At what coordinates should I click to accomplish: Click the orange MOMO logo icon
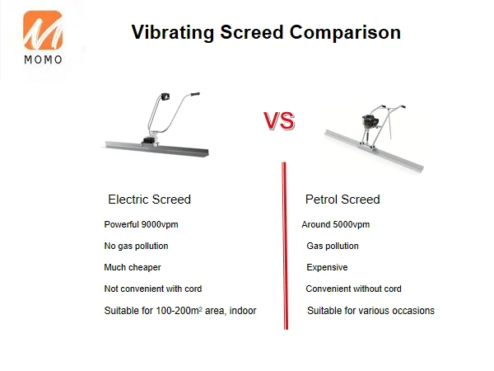pyautogui.click(x=43, y=31)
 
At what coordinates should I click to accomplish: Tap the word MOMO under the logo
pyautogui.click(x=43, y=59)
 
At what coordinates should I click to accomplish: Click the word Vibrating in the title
pyautogui.click(x=173, y=33)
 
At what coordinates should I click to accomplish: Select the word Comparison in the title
pyautogui.click(x=345, y=33)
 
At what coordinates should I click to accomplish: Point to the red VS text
pyautogui.click(x=279, y=121)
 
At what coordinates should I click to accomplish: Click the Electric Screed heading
pyautogui.click(x=149, y=200)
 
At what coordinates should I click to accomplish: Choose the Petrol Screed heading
pyautogui.click(x=343, y=200)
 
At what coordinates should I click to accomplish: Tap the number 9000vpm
pyautogui.click(x=160, y=224)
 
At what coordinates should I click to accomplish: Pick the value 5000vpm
pyautogui.click(x=352, y=224)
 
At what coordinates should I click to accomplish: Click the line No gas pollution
pyautogui.click(x=136, y=246)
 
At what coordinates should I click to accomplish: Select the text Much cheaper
pyautogui.click(x=133, y=267)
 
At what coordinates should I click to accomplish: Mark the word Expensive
pyautogui.click(x=327, y=267)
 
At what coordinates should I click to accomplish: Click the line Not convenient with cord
pyautogui.click(x=153, y=289)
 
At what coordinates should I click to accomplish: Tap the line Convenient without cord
pyautogui.click(x=353, y=289)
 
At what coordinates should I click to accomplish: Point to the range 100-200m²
pyautogui.click(x=179, y=311)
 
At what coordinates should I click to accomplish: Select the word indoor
pyautogui.click(x=243, y=311)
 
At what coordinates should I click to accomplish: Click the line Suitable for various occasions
pyautogui.click(x=370, y=311)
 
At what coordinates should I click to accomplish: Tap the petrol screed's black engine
pyautogui.click(x=368, y=122)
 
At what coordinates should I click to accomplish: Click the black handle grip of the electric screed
pyautogui.click(x=195, y=94)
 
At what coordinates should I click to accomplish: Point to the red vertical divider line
pyautogui.click(x=285, y=246)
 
